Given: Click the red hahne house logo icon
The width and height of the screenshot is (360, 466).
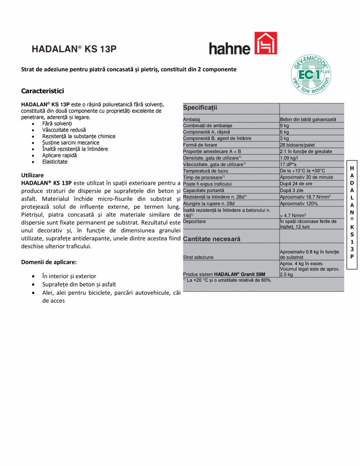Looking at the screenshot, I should [266, 43].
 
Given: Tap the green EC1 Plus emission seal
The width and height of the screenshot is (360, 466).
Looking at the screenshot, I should [311, 74].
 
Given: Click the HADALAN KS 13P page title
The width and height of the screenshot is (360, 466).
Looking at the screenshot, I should [74, 49].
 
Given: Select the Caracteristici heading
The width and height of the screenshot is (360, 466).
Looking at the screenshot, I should [42, 91].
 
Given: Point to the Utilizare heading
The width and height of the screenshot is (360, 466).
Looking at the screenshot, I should [32, 175].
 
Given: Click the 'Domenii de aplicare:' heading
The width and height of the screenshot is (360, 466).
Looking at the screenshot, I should [49, 262].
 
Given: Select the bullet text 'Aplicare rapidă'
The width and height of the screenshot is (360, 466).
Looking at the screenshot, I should [60, 155].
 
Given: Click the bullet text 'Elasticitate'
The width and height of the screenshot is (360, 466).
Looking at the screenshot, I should [55, 162].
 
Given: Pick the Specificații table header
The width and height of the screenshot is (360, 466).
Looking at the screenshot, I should [200, 108].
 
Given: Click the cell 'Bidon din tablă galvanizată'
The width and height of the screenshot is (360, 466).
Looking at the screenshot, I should [308, 119].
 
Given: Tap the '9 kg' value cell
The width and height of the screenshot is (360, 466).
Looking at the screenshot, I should [284, 126].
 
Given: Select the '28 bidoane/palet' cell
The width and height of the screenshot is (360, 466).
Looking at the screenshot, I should [297, 145].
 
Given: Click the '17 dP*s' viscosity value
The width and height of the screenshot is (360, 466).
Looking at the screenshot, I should [288, 164].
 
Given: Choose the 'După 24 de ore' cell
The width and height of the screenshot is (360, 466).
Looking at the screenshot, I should [296, 184].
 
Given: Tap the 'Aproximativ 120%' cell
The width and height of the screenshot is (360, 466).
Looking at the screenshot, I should [299, 204].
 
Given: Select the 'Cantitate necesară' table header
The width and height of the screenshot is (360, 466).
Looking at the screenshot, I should [212, 239].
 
